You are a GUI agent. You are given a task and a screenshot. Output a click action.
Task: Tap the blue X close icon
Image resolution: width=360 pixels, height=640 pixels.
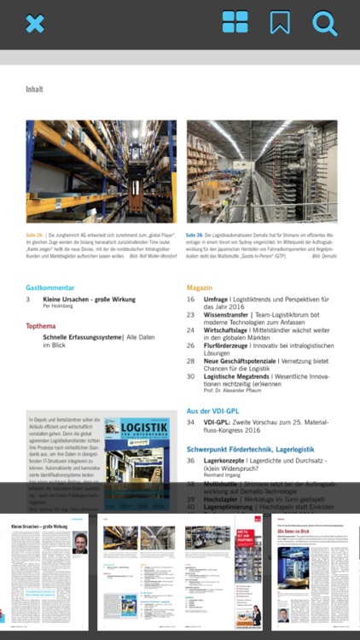pos(34,24)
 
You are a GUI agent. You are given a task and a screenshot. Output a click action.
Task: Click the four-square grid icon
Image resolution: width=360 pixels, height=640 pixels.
pos(235,23)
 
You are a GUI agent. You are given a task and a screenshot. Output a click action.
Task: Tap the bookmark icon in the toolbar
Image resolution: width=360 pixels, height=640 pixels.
pos(280,23)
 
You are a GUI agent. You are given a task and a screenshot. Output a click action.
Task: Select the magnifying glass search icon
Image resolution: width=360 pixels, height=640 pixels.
pos(324,23)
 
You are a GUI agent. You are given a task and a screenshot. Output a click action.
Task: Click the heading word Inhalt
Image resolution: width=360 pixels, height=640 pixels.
pos(34,89)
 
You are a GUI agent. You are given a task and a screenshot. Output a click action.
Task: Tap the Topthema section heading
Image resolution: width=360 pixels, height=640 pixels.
pos(42,326)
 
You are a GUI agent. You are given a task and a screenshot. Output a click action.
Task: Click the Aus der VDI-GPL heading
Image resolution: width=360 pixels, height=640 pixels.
pos(216,411)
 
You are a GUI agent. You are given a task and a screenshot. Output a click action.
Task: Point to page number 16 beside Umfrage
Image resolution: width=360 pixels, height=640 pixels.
pos(191,300)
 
